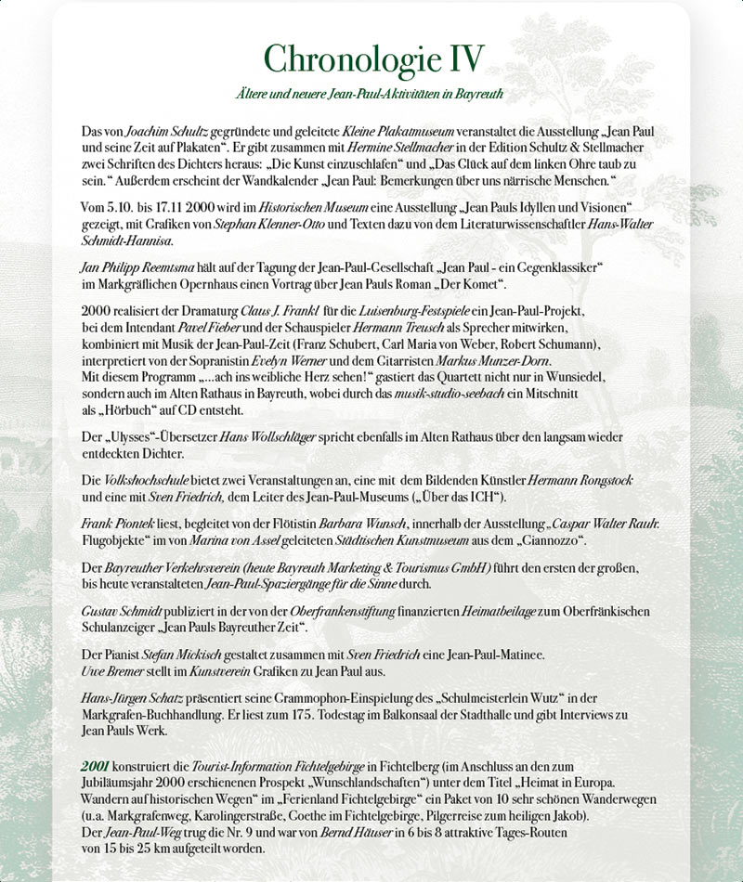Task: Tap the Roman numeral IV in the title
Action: coord(462,58)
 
